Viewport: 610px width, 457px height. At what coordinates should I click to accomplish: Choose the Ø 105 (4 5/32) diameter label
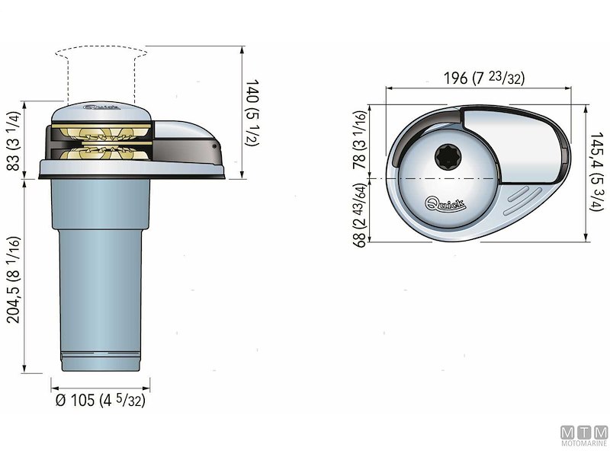[x=98, y=401]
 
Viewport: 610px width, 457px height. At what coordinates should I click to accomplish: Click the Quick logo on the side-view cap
[x=101, y=108]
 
